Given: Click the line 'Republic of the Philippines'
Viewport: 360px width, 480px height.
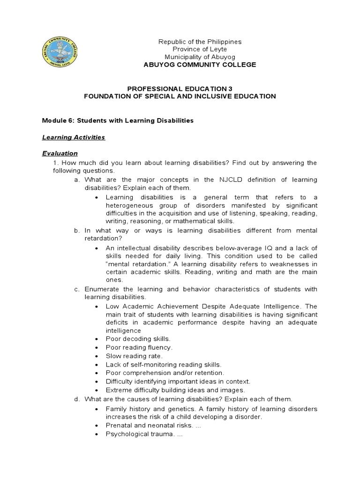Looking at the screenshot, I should [x=200, y=42].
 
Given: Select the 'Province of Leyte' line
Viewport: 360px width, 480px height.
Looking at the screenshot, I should [x=200, y=49].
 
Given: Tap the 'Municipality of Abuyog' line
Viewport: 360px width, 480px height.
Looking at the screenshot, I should [x=200, y=57].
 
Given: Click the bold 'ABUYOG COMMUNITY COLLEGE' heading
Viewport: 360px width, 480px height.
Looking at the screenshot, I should [x=200, y=65].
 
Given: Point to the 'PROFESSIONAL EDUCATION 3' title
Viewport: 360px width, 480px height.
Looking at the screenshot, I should [x=180, y=88].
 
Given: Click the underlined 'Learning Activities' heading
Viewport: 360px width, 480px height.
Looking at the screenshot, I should [x=74, y=137].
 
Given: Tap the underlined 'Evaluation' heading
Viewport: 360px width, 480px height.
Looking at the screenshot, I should [x=60, y=153].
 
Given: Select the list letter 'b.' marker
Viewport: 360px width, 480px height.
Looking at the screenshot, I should [x=77, y=231].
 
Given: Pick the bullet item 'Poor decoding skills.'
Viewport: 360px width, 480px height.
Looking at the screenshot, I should [x=138, y=338].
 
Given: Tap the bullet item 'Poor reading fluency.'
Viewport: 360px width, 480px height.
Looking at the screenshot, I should [x=139, y=347].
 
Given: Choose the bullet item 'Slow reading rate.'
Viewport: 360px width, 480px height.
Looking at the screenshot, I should [x=134, y=356].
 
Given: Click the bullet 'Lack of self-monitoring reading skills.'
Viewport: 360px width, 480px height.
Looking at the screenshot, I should [x=163, y=364].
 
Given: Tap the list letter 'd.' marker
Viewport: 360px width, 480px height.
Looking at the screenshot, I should [x=77, y=399].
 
